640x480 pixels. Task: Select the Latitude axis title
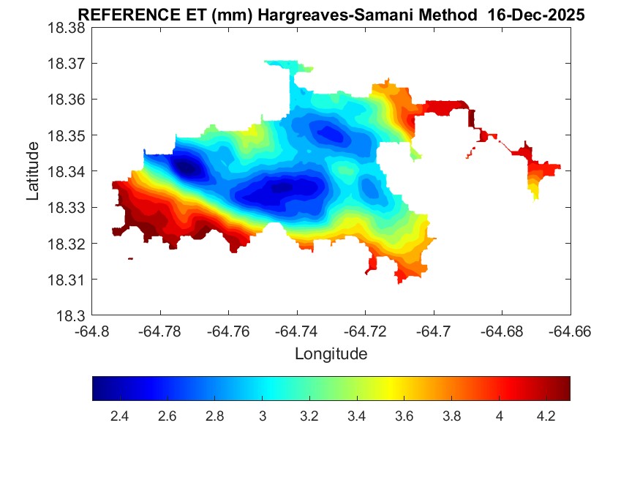(34, 171)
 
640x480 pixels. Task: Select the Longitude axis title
(331, 354)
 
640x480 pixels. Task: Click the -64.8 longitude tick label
(93, 331)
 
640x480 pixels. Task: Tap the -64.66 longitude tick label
(571, 331)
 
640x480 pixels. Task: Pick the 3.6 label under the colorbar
(404, 416)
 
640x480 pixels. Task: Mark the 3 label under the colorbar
(262, 416)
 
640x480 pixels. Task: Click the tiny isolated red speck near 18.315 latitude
(130, 258)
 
